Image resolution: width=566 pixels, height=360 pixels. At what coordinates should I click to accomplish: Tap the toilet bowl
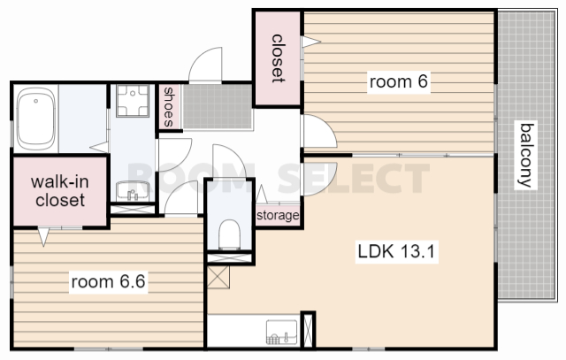[230, 234]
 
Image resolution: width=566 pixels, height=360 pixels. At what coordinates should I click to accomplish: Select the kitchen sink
[281, 332]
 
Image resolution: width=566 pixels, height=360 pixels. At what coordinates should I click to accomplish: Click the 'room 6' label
[399, 81]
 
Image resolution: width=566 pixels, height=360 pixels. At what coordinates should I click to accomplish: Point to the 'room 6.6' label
[108, 281]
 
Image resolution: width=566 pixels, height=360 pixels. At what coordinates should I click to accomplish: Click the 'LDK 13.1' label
[396, 251]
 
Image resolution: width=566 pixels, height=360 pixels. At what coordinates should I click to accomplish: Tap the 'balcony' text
[526, 156]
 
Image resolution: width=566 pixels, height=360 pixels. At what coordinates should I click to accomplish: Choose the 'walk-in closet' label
[60, 191]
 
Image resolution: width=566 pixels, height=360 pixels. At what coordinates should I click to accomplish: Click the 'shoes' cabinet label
[168, 107]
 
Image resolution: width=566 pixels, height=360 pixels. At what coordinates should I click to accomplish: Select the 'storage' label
[278, 216]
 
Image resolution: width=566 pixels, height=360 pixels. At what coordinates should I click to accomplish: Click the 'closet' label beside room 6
[277, 58]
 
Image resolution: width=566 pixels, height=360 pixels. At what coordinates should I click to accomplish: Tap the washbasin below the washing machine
[133, 191]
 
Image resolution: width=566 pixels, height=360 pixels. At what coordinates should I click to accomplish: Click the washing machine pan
[133, 101]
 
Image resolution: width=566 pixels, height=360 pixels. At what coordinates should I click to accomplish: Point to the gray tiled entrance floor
[217, 106]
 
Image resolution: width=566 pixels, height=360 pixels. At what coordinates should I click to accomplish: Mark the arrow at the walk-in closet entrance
[43, 236]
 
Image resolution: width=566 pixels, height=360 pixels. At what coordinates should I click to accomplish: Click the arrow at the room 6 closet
[311, 42]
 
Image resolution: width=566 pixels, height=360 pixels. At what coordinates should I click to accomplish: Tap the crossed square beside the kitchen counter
[218, 278]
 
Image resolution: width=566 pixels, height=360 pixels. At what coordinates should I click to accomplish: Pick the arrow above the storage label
[262, 194]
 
